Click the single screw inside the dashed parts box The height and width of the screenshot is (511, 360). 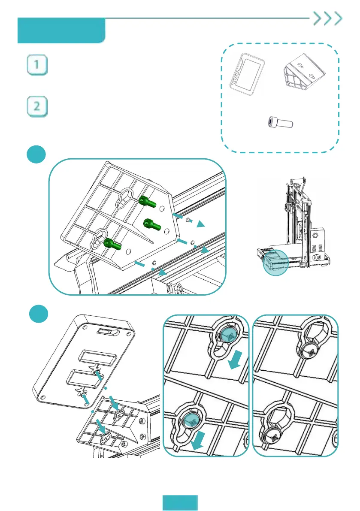point(278,122)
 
